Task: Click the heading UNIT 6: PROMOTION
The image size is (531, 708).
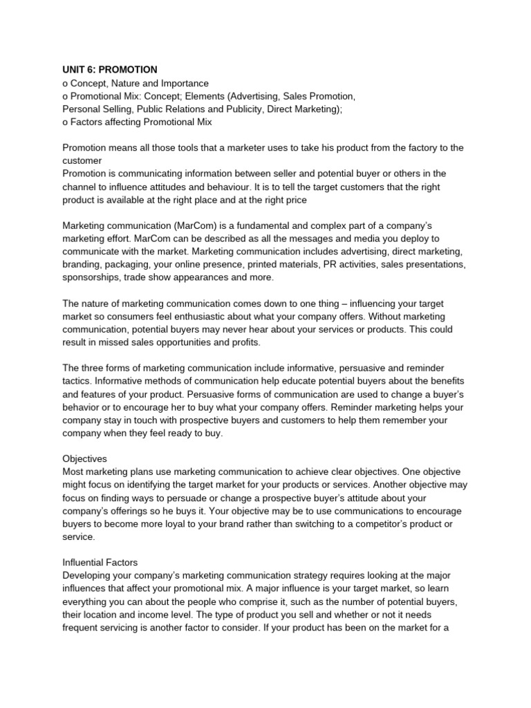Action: tap(110, 70)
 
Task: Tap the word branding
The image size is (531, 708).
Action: tap(84, 265)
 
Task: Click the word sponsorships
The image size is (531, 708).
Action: tap(93, 278)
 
